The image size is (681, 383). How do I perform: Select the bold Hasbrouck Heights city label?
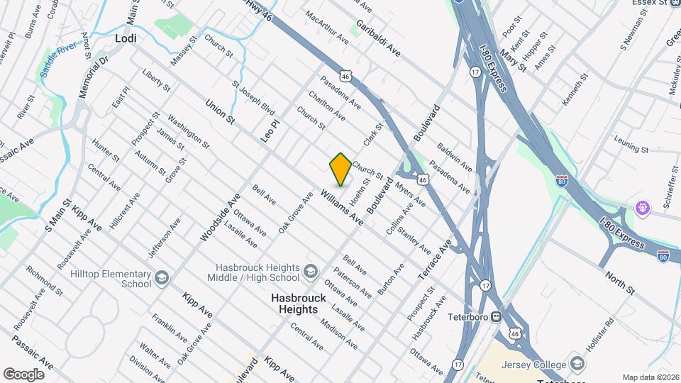pos(299,304)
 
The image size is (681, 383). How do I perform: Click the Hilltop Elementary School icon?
pos(161,277)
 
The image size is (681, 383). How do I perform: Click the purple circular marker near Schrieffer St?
pos(643,209)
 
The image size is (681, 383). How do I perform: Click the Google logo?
pos(23,374)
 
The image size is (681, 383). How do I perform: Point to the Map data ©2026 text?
pos(650,377)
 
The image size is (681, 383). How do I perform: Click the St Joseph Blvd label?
pos(253,98)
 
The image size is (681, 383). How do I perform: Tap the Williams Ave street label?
pos(341,208)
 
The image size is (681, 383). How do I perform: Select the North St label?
pos(619,282)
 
